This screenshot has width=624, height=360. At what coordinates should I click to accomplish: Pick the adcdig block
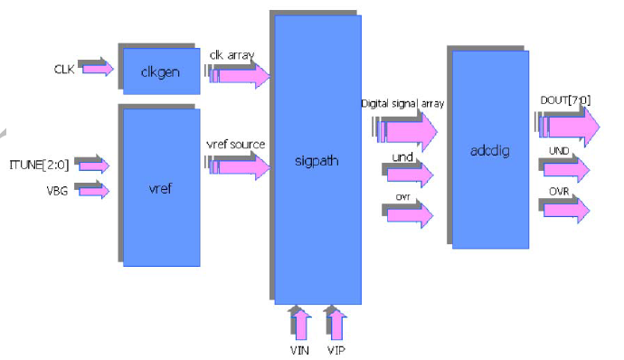tap(490, 149)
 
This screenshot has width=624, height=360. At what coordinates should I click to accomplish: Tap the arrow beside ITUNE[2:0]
tap(93, 166)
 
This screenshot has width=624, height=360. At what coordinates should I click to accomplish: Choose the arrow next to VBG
tap(93, 190)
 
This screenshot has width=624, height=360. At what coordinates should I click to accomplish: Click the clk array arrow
tap(241, 76)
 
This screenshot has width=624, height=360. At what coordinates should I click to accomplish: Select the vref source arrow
tap(241, 166)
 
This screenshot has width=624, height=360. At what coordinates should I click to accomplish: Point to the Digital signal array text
tap(402, 104)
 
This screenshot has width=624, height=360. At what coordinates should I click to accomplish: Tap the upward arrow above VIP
tap(335, 323)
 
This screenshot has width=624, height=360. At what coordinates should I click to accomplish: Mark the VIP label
tap(335, 350)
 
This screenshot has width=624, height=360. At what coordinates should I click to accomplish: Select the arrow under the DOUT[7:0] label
tap(569, 124)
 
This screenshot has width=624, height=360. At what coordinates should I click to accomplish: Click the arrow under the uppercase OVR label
tap(567, 208)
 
